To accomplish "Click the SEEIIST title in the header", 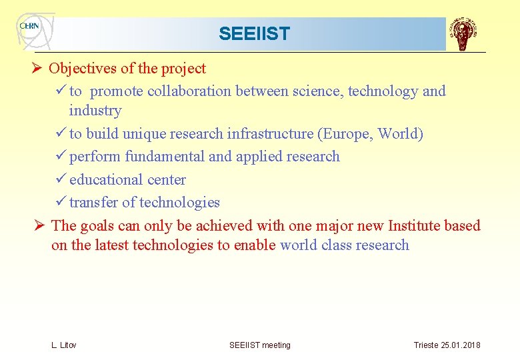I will [254, 34].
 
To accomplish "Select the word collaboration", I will [185, 91].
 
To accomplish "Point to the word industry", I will [95, 111].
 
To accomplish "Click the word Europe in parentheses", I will [347, 134].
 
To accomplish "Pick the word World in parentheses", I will [398, 134].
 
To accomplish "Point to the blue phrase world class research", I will [344, 245].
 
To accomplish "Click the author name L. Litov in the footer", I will [64, 345].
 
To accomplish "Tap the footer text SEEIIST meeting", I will [260, 345].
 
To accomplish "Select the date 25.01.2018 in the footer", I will [459, 345].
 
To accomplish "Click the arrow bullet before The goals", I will [40, 226].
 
